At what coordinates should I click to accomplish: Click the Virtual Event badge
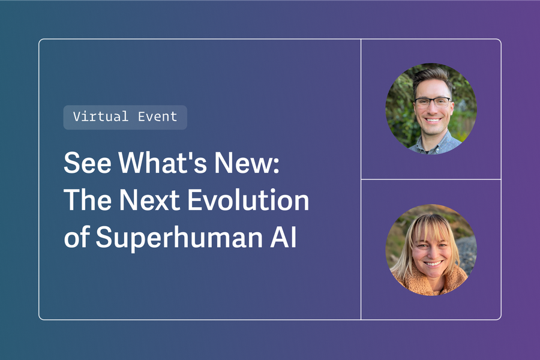point(125,117)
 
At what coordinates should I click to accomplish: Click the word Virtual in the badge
point(100,117)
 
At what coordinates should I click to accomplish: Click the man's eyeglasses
point(431,101)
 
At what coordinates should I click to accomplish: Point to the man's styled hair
point(431,76)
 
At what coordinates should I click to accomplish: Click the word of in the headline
point(76,238)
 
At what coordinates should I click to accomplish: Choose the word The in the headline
point(87,201)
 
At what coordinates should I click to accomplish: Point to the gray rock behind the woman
point(467,252)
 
